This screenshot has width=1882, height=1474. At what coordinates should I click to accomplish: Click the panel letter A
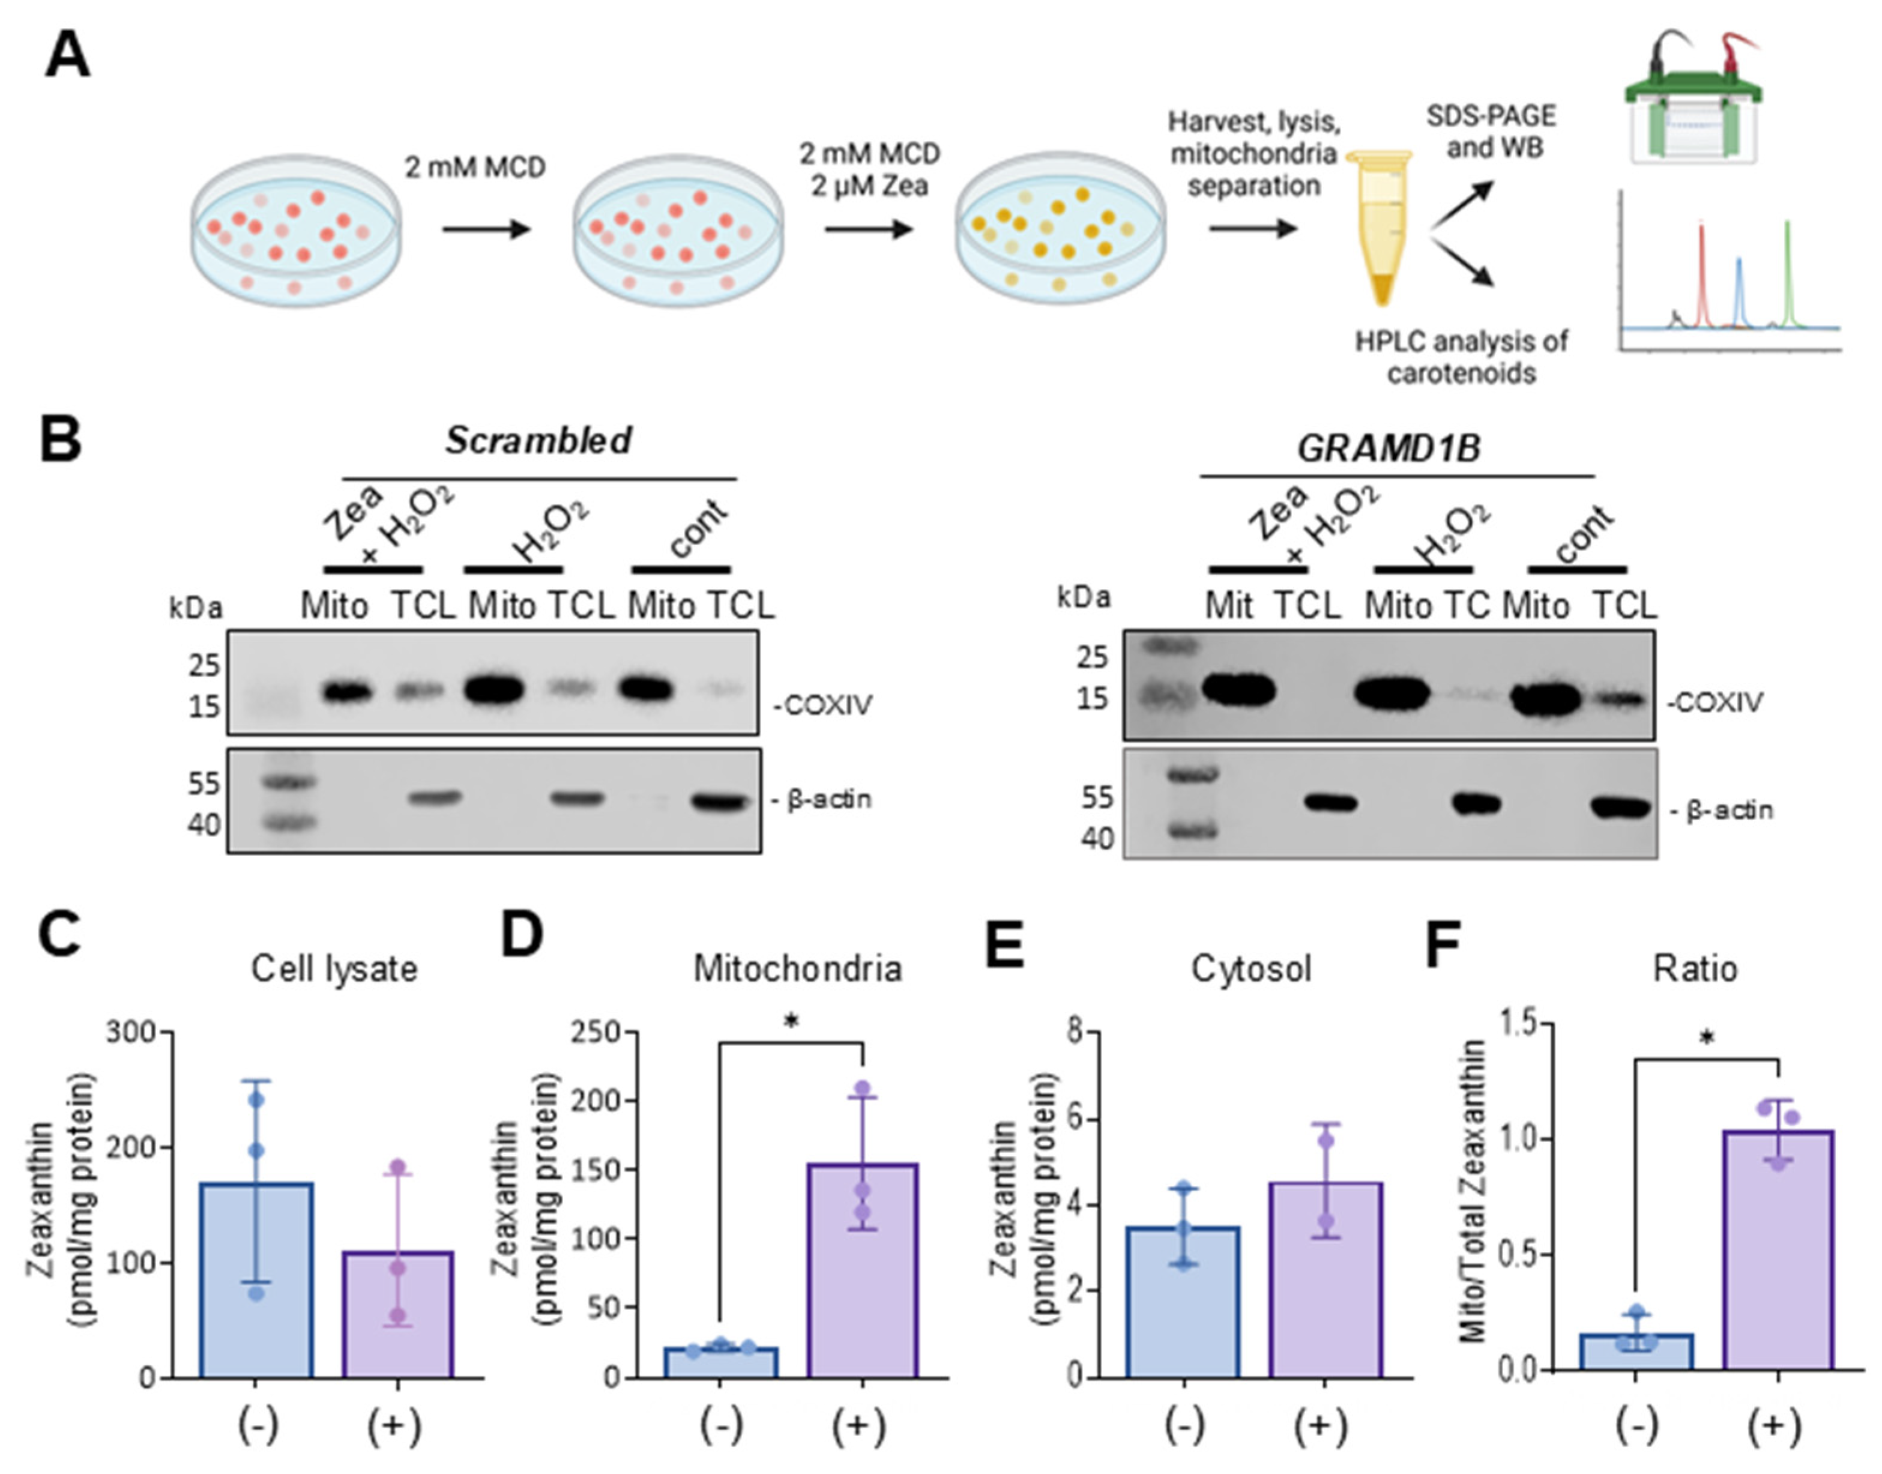(x=67, y=55)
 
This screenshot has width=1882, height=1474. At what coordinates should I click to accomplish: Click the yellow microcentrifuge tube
(x=1381, y=226)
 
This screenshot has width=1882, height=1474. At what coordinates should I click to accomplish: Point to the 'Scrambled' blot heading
(x=538, y=440)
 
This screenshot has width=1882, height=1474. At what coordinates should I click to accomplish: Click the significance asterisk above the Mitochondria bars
(x=791, y=1022)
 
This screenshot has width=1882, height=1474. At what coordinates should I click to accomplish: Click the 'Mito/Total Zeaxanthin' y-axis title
(x=1474, y=1191)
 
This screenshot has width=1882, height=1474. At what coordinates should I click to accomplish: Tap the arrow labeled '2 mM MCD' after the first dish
(x=485, y=229)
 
